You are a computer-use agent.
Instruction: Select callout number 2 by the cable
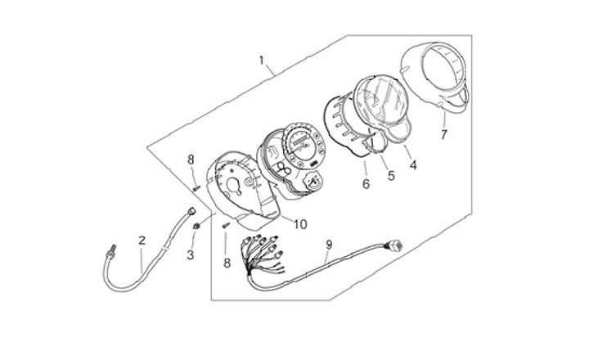[142, 241]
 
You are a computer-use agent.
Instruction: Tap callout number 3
[191, 254]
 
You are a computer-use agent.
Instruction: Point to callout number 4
[413, 164]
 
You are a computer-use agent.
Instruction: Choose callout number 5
[390, 174]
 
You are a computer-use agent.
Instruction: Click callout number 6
[365, 184]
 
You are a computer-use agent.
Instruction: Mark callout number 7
[444, 134]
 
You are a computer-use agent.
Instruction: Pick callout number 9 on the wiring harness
[329, 244]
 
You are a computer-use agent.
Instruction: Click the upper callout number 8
[191, 159]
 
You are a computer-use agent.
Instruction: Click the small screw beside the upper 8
[196, 187]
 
